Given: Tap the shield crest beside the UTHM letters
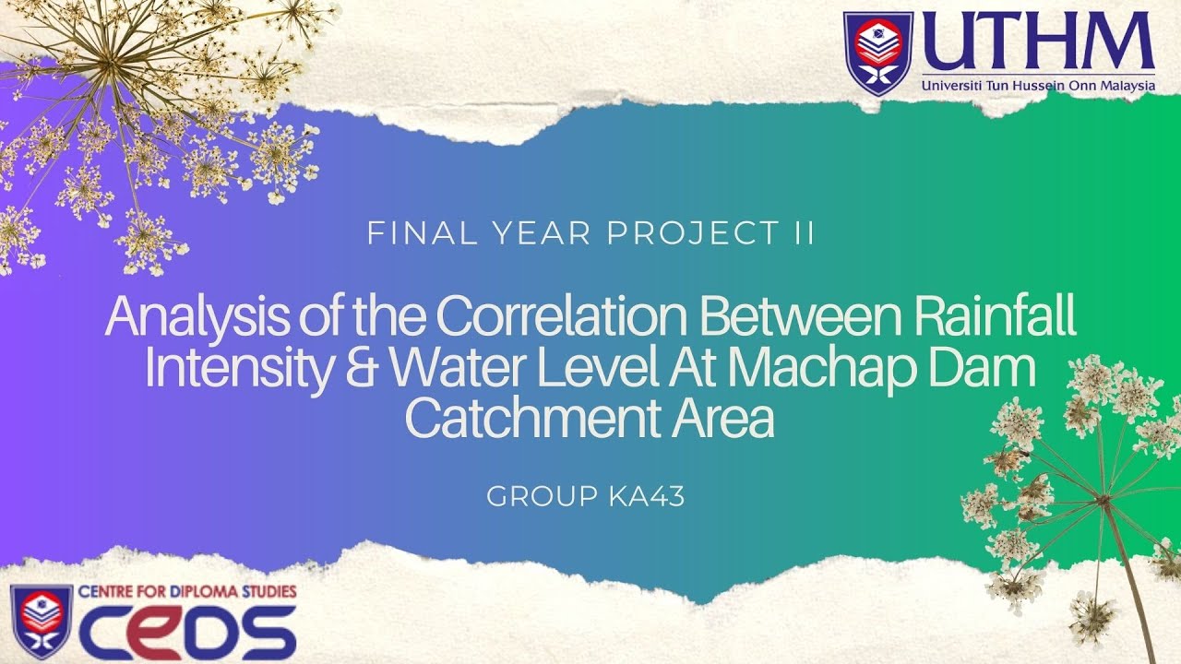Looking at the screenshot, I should click(x=877, y=53).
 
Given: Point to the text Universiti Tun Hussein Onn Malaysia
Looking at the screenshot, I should click(x=1038, y=86).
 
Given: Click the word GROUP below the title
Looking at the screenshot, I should click(x=542, y=497).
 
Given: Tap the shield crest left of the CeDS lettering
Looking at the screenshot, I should click(x=42, y=620).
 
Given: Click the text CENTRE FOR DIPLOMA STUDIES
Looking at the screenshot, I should click(x=187, y=590).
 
